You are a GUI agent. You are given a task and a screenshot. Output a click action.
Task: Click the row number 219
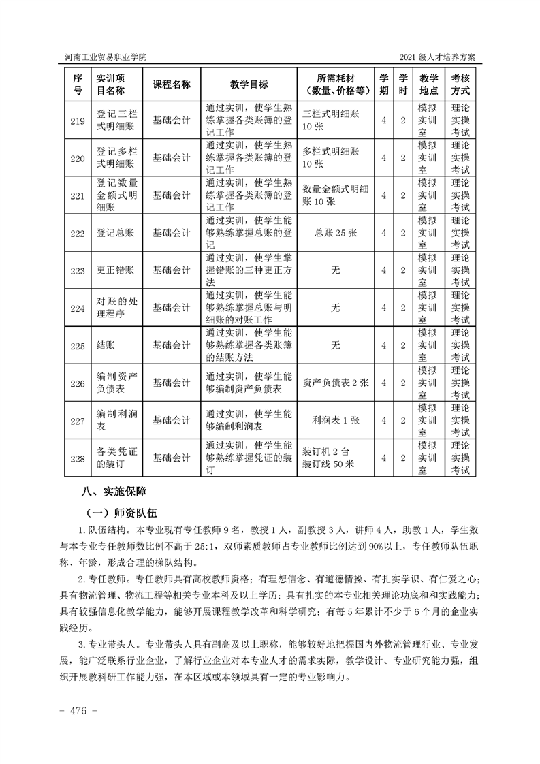pos(78,121)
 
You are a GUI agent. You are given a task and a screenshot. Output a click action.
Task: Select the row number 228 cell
pos(78,458)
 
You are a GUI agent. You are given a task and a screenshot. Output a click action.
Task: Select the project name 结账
pos(106,345)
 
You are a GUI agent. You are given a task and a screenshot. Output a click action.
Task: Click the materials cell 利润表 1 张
pos(335,420)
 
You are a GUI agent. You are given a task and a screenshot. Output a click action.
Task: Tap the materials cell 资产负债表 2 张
pos(335,383)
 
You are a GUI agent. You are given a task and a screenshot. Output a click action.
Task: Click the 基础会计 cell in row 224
pos(172,308)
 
